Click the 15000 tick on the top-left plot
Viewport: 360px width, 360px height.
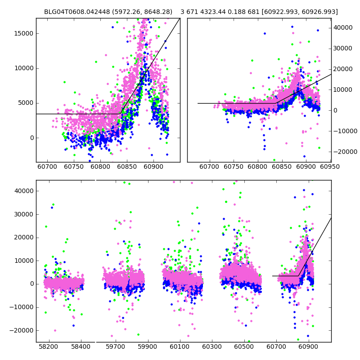click(x=23, y=33)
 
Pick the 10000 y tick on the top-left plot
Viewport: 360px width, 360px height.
click(x=23, y=68)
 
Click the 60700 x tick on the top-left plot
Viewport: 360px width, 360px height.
click(x=47, y=167)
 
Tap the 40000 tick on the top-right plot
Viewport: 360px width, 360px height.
click(x=343, y=27)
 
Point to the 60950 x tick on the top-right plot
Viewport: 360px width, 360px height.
click(x=330, y=167)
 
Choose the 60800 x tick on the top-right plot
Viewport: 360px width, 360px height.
click(x=258, y=167)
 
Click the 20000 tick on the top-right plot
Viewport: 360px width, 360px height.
click(x=343, y=69)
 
